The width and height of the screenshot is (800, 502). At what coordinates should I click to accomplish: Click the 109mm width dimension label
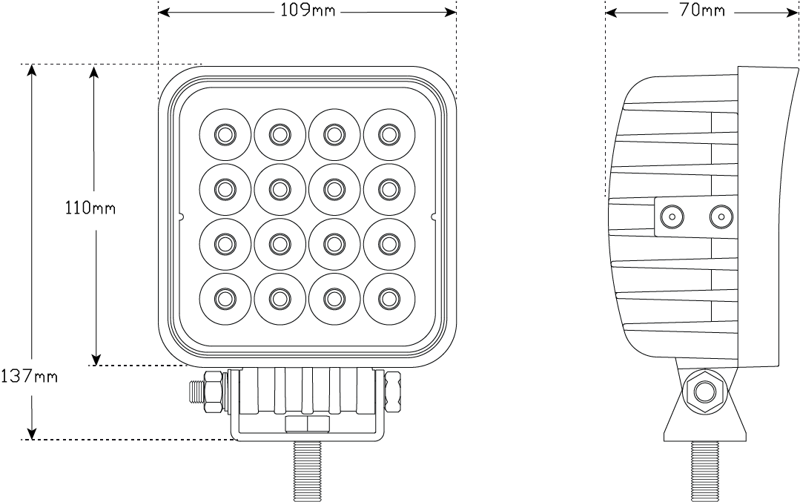[x=307, y=12]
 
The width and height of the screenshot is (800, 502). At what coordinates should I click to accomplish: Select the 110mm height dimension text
[x=90, y=208]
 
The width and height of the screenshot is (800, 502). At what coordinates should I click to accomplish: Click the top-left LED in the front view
[x=224, y=134]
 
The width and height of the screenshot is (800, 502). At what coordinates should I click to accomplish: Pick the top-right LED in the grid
[x=389, y=134]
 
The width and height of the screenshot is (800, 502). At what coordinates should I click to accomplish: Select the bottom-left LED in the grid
[x=224, y=298]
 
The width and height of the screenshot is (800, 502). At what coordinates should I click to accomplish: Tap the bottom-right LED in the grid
[x=389, y=298]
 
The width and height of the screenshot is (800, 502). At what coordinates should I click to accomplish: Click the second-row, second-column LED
[x=279, y=189]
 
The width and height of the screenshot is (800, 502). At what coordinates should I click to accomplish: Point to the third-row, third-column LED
[x=334, y=243]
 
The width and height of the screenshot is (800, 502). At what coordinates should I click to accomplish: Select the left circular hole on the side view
[x=672, y=217]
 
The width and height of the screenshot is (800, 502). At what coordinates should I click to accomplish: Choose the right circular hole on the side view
[x=720, y=217]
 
